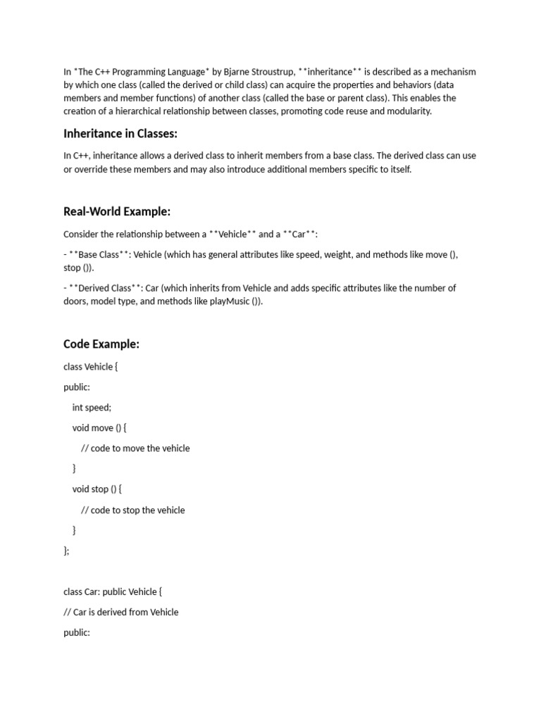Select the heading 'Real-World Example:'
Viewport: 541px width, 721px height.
[117, 212]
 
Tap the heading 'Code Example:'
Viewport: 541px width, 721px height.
[101, 344]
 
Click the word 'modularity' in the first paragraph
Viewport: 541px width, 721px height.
[408, 111]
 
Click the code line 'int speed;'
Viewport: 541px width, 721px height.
[92, 407]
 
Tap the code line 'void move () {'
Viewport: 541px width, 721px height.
[99, 427]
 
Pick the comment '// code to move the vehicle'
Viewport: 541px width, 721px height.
[135, 448]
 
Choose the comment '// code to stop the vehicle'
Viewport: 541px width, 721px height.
[133, 510]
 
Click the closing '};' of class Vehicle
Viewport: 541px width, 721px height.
[66, 551]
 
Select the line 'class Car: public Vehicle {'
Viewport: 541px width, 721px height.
[113, 591]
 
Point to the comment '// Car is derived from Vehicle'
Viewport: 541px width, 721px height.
[120, 612]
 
